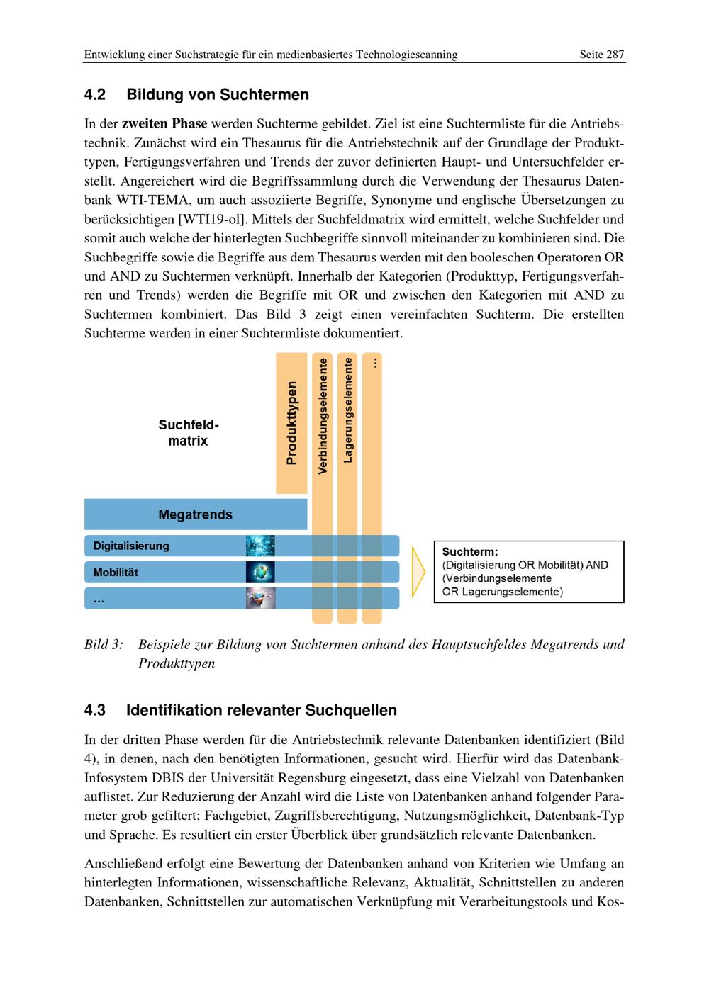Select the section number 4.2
click(95, 95)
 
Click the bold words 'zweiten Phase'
click(164, 124)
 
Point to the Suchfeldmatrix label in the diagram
click(188, 433)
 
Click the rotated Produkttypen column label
click(291, 423)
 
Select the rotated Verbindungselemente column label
click(323, 416)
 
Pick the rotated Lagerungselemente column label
click(347, 410)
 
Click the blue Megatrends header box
click(196, 514)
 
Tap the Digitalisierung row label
click(132, 546)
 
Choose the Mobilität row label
click(116, 573)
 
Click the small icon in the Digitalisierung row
click(260, 546)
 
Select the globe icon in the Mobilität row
click(260, 573)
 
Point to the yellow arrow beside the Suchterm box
click(418, 571)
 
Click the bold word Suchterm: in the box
click(470, 551)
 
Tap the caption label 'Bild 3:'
click(104, 645)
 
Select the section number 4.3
click(95, 710)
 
